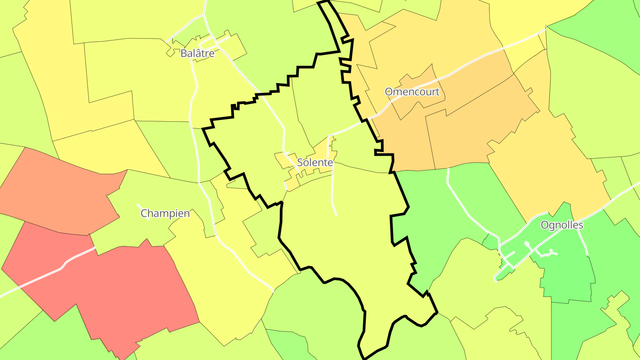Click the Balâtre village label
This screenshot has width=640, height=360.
point(197,54)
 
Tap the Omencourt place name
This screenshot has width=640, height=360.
point(412,92)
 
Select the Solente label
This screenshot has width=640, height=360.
point(315,163)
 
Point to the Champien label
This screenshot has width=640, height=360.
point(165,213)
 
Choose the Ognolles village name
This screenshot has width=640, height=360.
point(562,225)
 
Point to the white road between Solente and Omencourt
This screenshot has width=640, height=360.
point(351,129)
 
